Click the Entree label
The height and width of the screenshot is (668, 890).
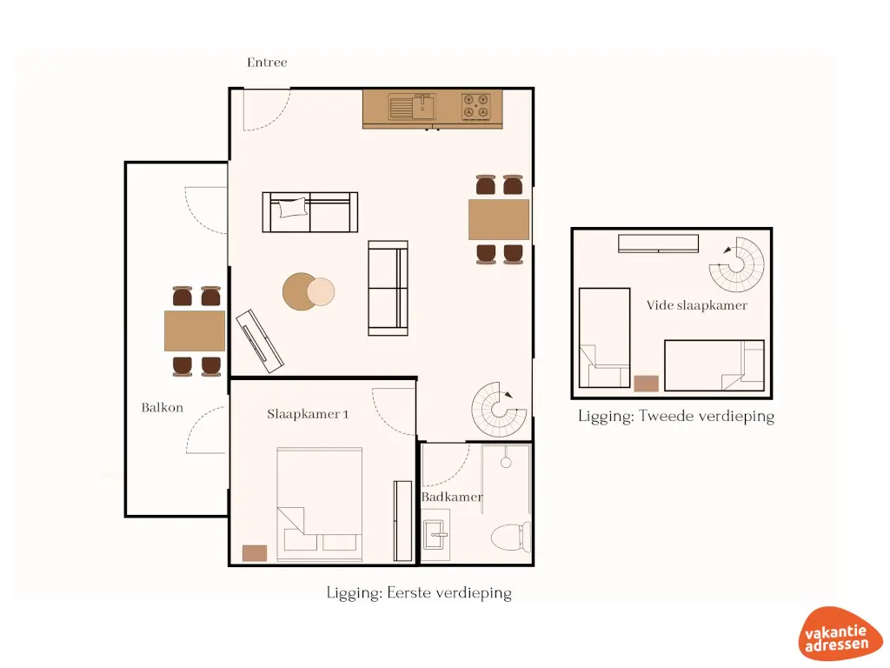click(267, 63)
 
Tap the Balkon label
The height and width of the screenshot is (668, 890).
click(163, 407)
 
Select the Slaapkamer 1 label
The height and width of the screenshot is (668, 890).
click(308, 414)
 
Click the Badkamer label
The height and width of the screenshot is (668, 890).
click(452, 497)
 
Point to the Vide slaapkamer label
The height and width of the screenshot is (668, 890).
click(696, 305)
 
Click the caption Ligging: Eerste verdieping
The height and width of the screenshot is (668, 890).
click(419, 593)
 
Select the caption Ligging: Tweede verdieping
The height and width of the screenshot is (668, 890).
click(675, 416)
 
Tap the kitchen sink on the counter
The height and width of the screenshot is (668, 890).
click(414, 108)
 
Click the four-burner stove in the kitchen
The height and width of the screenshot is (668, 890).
click(475, 107)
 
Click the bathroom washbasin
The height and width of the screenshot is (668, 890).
click(435, 534)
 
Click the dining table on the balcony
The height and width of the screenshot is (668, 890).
click(195, 331)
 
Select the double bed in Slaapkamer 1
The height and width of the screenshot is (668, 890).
click(319, 499)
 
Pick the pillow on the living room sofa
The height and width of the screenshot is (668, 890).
click(292, 207)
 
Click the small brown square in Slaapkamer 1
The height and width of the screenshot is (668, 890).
click(255, 552)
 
